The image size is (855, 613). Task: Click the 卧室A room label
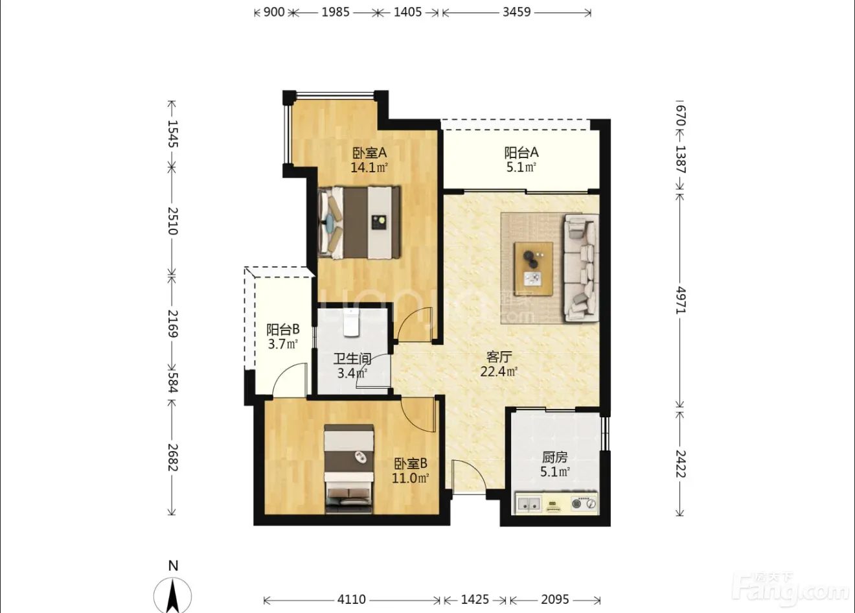click(369, 153)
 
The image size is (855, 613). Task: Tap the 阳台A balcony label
click(521, 153)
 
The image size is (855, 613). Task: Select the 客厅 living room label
click(499, 357)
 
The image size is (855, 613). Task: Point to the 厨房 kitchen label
click(554, 457)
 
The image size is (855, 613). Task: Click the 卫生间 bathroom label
click(352, 358)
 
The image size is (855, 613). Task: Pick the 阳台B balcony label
click(283, 329)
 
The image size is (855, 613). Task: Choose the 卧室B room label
click(410, 464)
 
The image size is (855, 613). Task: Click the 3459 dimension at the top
click(516, 12)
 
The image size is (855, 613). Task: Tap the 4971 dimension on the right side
click(681, 301)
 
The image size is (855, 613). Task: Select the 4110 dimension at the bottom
click(351, 599)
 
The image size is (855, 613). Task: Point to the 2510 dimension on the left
click(173, 221)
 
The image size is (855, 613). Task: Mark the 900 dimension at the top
click(274, 12)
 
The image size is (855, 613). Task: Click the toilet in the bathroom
click(351, 323)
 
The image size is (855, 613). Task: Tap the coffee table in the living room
click(533, 268)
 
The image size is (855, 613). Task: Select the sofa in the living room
click(581, 268)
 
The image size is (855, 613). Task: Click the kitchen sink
click(529, 503)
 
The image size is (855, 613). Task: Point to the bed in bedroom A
click(359, 223)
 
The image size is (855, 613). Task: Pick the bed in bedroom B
click(349, 468)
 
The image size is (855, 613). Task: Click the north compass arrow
click(173, 596)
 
